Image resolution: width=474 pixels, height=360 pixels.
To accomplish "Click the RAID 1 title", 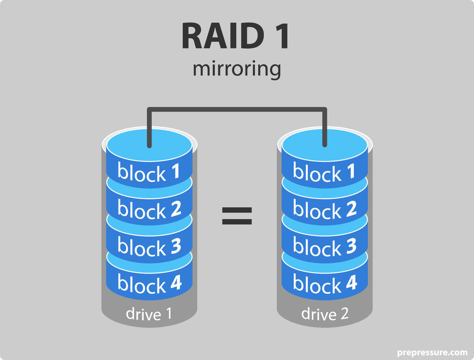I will point(236,36).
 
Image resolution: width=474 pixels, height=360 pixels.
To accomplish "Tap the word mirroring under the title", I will point(237,69).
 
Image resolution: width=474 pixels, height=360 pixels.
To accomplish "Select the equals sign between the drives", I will point(237,216).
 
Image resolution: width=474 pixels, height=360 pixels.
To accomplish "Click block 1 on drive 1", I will point(149,173).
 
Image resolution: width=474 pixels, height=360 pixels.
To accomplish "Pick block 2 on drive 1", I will point(149,210).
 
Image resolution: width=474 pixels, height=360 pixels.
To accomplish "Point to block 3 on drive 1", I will point(149,247).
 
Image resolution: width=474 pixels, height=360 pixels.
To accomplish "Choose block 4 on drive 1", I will point(149,284).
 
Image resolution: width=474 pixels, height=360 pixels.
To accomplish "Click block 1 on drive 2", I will point(324,172).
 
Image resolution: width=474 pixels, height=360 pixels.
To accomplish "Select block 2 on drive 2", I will point(324,209).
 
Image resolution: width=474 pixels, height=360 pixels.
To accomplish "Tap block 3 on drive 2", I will point(324,247).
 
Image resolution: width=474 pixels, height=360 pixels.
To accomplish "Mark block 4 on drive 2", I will point(324,284).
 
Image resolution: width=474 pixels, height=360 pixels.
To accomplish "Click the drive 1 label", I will point(149,314).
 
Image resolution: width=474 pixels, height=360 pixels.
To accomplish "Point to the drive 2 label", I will point(325,314).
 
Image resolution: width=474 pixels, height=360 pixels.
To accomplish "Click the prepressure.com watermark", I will point(432,353).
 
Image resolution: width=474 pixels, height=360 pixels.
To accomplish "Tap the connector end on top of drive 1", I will point(149,144).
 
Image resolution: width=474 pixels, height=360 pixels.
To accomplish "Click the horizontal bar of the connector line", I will point(237,110).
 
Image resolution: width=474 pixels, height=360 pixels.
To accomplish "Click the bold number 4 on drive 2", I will point(351,283).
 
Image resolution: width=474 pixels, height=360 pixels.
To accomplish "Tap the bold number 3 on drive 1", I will point(176,246).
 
